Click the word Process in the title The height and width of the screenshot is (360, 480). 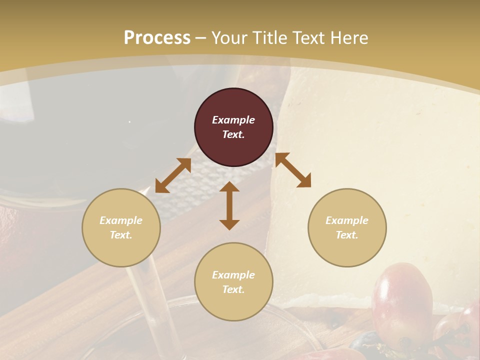tap(157, 37)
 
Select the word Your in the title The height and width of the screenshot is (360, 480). tap(228, 37)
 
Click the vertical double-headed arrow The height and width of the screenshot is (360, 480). tap(229, 206)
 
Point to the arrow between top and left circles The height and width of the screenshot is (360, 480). tap(173, 175)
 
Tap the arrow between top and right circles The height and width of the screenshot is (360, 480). tap(293, 170)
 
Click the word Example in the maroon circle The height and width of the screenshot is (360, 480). tap(233, 120)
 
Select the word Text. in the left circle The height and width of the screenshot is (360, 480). tap(121, 235)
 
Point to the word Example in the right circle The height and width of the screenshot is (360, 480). tap(347, 220)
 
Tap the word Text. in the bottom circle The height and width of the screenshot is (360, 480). tap(233, 289)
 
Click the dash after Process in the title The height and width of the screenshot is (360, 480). tap(201, 37)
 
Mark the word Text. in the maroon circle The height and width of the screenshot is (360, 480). tap(233, 134)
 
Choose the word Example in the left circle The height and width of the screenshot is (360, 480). tap(121, 220)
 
